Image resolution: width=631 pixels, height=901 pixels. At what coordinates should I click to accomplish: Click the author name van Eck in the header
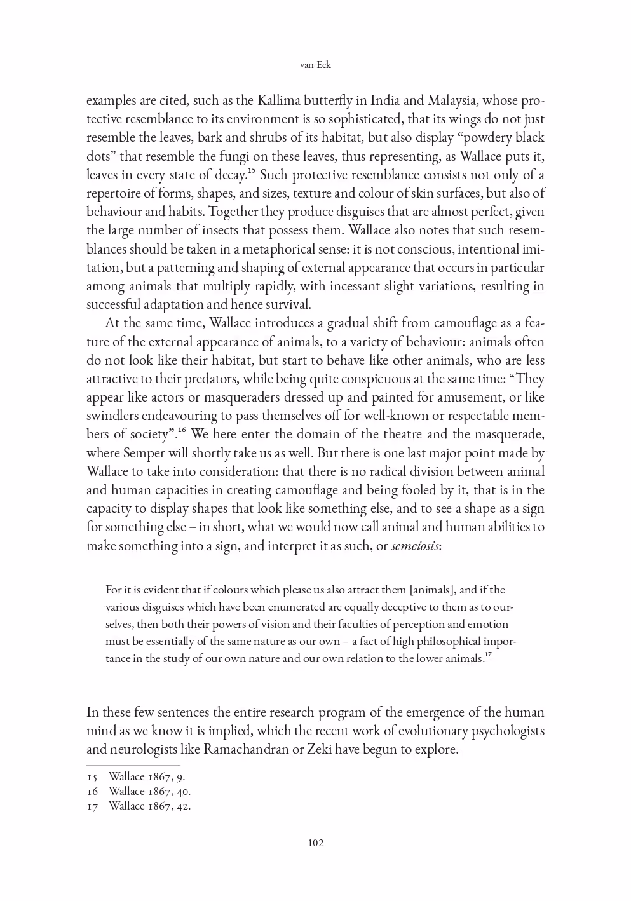point(315,65)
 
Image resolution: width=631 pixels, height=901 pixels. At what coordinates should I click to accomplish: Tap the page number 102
point(315,843)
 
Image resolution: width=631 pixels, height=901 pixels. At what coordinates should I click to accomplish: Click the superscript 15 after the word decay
point(251,170)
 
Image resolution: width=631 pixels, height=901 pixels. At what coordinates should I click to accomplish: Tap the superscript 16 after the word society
point(181,430)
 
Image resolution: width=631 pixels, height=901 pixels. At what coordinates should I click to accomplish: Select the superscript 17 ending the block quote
point(488,654)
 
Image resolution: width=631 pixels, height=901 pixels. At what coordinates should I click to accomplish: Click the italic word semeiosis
point(415,546)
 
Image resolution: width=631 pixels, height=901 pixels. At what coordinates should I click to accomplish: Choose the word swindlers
point(112,416)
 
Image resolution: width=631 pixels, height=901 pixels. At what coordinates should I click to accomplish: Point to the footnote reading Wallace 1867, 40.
point(149,791)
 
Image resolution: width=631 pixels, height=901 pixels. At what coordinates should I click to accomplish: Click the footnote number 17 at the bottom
point(93,806)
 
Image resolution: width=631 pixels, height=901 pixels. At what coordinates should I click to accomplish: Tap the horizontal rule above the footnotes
point(133,766)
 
